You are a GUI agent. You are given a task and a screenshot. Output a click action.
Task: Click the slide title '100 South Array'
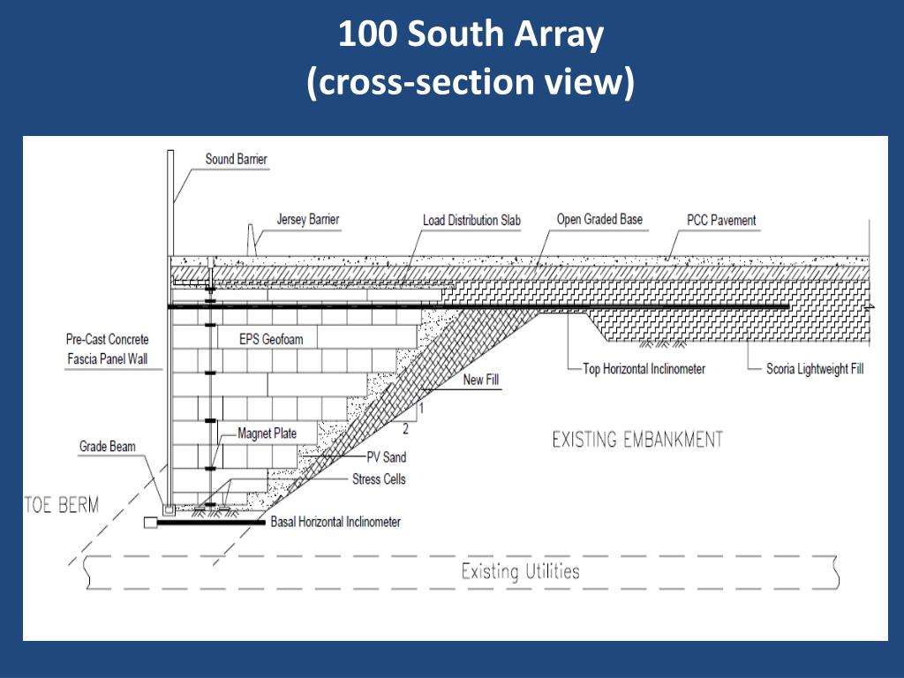[x=471, y=35]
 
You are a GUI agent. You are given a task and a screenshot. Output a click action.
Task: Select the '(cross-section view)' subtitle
[x=471, y=82]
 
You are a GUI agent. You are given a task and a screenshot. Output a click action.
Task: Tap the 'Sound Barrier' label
[x=236, y=160]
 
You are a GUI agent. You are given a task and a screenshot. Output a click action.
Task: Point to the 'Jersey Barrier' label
[x=307, y=219]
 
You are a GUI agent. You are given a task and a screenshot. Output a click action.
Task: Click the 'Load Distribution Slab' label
[x=472, y=220]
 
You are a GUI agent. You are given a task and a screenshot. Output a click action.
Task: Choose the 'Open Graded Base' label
[x=599, y=219]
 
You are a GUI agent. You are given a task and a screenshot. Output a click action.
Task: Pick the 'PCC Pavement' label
[x=721, y=220]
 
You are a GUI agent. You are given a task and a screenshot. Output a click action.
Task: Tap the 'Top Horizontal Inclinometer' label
[x=644, y=369]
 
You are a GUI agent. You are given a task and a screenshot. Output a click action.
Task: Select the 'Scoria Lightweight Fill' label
[x=815, y=369]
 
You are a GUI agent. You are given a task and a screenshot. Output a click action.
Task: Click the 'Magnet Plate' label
[x=267, y=433]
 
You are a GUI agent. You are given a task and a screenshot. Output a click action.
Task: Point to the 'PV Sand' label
[x=387, y=457]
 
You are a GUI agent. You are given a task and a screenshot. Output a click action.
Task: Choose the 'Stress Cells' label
[x=379, y=479]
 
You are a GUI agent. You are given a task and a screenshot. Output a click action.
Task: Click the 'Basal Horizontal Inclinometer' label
[x=335, y=522]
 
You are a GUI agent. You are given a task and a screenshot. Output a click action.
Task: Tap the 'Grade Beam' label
[x=108, y=447]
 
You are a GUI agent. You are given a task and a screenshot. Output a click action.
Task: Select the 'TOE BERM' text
[x=61, y=506]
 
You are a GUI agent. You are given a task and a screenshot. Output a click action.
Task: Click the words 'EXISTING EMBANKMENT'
[x=637, y=439]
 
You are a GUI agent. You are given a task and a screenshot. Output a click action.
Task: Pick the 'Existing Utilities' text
[x=520, y=571]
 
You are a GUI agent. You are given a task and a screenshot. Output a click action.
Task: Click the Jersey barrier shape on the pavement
[x=252, y=240]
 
